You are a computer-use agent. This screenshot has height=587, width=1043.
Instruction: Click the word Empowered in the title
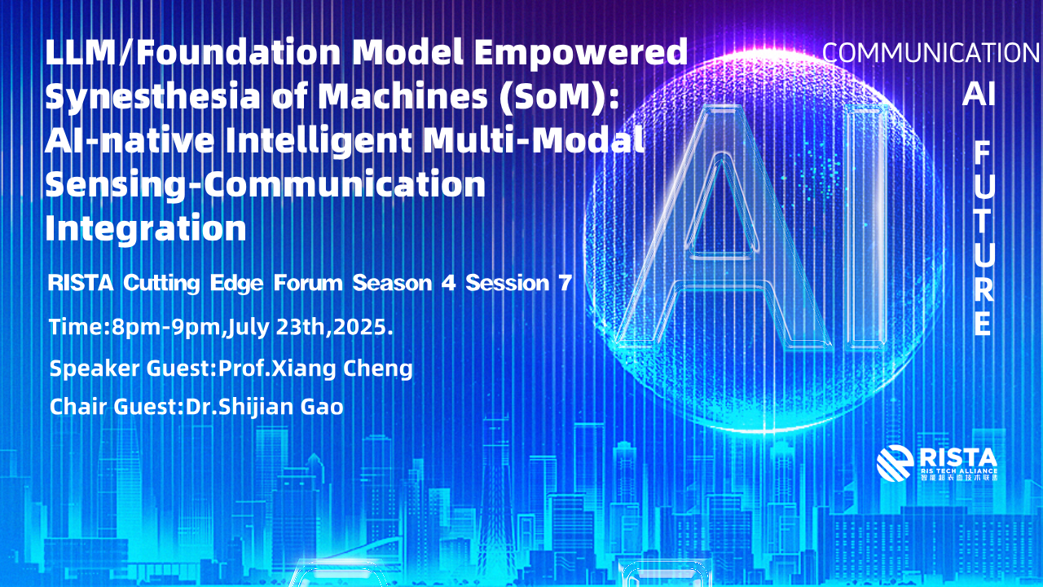pyautogui.click(x=581, y=54)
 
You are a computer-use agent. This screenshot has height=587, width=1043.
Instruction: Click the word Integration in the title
pyautogui.click(x=146, y=228)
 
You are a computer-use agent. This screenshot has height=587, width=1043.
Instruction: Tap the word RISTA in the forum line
pyautogui.click(x=81, y=283)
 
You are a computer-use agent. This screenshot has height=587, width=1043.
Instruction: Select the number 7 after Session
pyautogui.click(x=566, y=283)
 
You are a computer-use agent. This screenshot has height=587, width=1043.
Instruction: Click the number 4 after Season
pyautogui.click(x=448, y=283)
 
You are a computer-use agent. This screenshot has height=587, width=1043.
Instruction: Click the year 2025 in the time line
pyautogui.click(x=360, y=327)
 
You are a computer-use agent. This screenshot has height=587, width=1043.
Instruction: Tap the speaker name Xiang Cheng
pyautogui.click(x=342, y=369)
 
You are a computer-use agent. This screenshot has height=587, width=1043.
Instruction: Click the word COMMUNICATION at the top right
pyautogui.click(x=931, y=53)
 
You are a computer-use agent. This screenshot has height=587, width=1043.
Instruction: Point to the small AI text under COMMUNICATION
pyautogui.click(x=979, y=94)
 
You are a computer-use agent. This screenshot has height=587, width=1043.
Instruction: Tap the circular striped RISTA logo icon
pyautogui.click(x=895, y=463)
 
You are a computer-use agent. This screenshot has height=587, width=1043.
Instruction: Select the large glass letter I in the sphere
pyautogui.click(x=866, y=228)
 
